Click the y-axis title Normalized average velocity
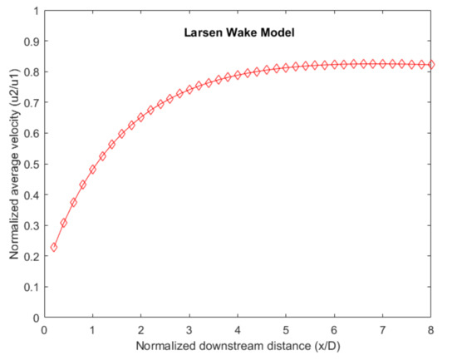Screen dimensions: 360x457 [x=15, y=165]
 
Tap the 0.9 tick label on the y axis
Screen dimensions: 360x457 [x=32, y=42]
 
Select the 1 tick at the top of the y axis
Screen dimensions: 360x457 [x=36, y=12]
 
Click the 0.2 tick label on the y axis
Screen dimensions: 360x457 [x=32, y=256]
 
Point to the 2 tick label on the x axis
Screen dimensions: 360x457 [x=141, y=329]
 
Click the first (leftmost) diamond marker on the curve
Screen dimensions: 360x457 [x=54, y=247]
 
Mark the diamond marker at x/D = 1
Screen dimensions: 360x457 [x=93, y=170]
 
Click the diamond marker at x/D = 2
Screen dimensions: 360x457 [x=141, y=117]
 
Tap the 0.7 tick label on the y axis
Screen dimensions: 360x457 [x=32, y=103]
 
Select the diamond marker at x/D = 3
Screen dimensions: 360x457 [x=189, y=90]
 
